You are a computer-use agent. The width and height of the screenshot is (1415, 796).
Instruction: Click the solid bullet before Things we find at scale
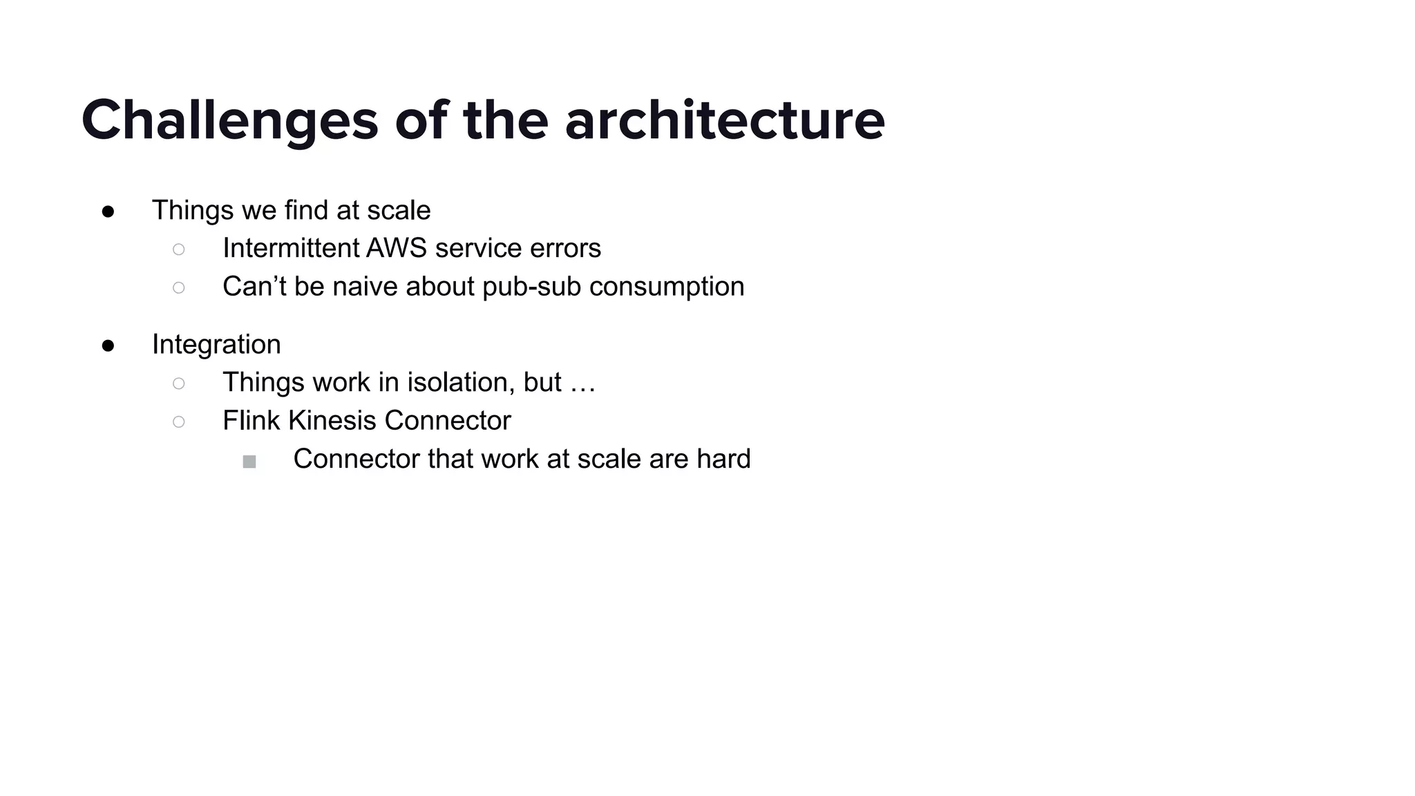coord(108,211)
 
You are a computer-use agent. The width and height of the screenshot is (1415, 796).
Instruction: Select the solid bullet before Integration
coord(108,345)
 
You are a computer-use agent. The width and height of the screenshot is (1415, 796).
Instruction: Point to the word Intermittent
coord(290,249)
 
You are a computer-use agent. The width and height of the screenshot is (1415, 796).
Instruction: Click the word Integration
coord(216,345)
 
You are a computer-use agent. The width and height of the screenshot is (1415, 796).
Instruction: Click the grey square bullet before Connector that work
coord(249,462)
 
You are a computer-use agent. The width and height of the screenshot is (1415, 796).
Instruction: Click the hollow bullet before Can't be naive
coord(179,287)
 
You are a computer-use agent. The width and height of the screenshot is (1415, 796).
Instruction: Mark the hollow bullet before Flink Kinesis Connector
coord(179,421)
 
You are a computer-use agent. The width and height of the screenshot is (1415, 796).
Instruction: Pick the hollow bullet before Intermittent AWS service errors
coord(179,249)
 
